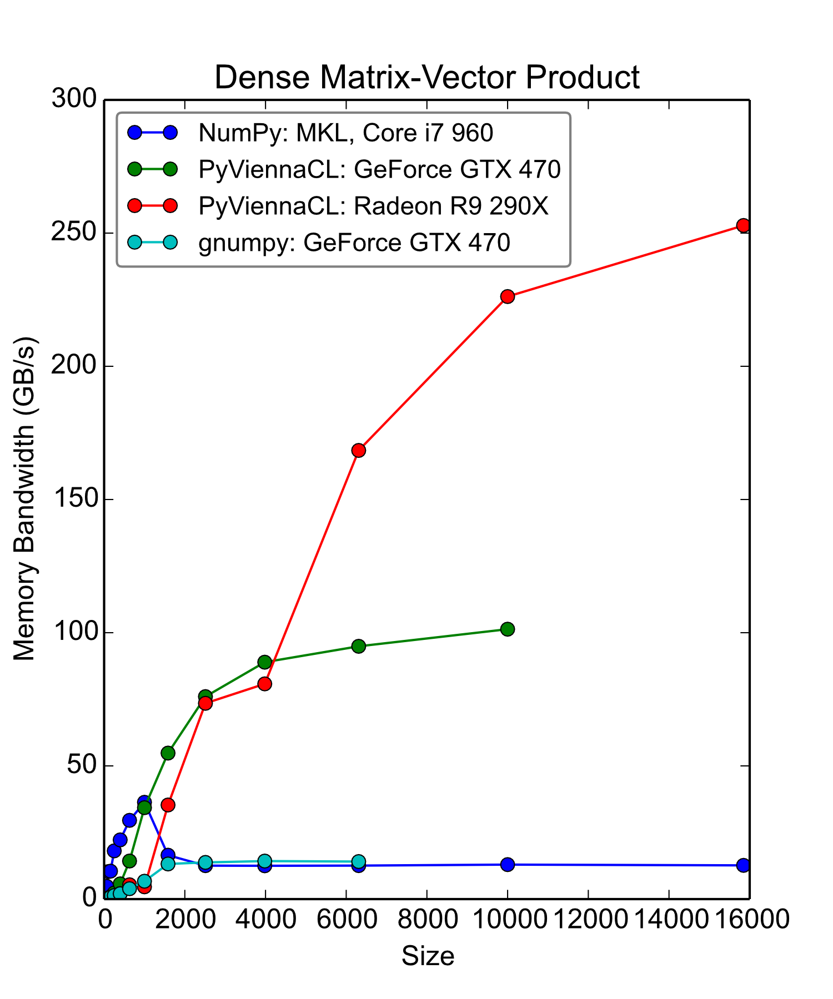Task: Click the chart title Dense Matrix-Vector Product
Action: (426, 77)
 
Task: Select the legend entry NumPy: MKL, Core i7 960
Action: (345, 133)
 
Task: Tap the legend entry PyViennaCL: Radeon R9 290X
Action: (373, 206)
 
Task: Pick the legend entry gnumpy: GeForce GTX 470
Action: (354, 243)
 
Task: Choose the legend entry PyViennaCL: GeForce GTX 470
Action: (379, 169)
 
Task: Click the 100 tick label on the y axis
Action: (74, 632)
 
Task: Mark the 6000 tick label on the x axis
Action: (347, 920)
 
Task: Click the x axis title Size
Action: (428, 956)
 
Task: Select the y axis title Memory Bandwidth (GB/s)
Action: (25, 498)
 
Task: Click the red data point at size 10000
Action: (508, 296)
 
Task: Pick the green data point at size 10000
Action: (508, 629)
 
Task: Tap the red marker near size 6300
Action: (359, 450)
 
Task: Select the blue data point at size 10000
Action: (508, 864)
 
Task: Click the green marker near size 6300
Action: (359, 646)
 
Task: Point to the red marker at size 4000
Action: (265, 684)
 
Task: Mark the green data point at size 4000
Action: (265, 662)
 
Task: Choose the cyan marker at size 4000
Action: (265, 861)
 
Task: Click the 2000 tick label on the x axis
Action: (185, 920)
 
